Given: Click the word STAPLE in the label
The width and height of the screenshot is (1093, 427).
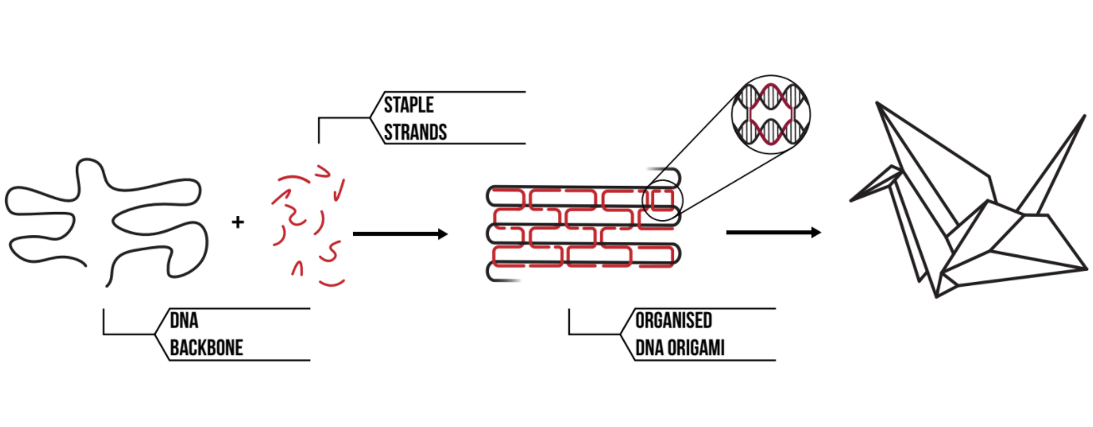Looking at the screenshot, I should (409, 106).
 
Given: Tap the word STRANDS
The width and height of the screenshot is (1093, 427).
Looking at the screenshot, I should (416, 132).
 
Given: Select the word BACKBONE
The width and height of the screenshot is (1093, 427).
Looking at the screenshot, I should (207, 347).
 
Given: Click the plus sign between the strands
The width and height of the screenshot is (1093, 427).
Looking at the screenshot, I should (239, 222).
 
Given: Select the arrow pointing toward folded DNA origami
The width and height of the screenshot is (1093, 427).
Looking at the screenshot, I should (400, 234).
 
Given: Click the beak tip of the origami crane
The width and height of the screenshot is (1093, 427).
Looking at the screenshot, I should (852, 200).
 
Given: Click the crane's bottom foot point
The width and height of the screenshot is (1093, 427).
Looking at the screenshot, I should (940, 294).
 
